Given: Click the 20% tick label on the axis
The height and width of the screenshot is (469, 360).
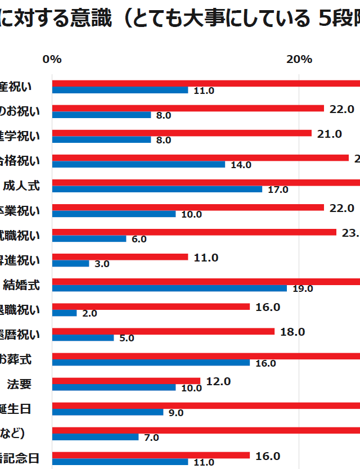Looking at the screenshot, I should [x=299, y=59].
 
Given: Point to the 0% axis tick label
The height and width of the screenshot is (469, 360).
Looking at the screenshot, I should [x=52, y=59].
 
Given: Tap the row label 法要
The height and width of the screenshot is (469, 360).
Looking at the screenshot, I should [x=19, y=384].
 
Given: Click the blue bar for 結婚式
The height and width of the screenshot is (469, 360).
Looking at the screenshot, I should [x=169, y=288].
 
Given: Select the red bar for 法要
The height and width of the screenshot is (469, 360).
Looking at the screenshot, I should [x=126, y=381].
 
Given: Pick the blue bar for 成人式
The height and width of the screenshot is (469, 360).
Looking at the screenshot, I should [x=157, y=190].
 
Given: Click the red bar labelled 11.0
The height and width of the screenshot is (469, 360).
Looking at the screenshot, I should [x=120, y=257].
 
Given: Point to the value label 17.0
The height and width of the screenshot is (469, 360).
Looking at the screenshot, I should [x=278, y=190].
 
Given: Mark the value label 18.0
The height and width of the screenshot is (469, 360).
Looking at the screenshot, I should [x=292, y=332].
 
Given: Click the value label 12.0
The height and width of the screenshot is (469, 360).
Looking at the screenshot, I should [x=218, y=381].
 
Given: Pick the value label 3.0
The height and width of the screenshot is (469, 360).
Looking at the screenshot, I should [x=102, y=264].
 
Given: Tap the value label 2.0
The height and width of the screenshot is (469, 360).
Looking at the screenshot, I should [x=89, y=314].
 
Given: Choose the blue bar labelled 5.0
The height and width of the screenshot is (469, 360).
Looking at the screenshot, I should [x=83, y=338].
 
